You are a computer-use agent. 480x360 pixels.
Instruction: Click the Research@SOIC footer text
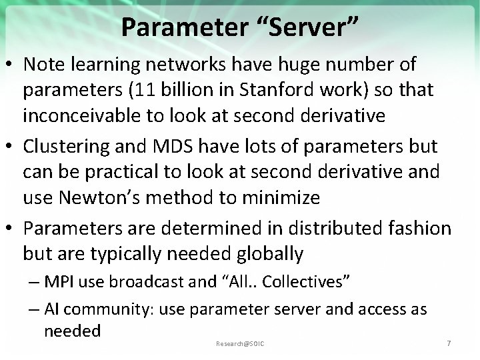pos(240,343)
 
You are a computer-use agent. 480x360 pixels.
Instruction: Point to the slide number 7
pos(449,343)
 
